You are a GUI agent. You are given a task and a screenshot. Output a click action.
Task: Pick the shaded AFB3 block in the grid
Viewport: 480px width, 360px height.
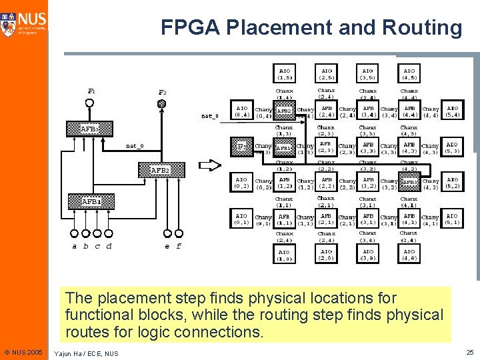click(x=409, y=182)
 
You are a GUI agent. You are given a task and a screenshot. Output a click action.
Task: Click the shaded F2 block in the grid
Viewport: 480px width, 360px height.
click(x=243, y=146)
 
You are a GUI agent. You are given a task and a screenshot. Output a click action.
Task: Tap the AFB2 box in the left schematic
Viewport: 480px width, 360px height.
click(x=159, y=170)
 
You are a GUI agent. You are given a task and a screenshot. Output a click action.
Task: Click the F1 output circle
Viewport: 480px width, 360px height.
click(x=90, y=103)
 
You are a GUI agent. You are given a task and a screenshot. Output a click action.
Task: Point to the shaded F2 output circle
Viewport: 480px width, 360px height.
click(x=161, y=103)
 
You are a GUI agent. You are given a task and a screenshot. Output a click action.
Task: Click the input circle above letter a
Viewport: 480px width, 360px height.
click(x=74, y=233)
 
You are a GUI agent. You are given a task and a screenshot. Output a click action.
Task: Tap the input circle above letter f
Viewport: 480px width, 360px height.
click(x=179, y=233)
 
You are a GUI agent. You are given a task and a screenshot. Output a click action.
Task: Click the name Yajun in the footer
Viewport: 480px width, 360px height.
click(x=65, y=353)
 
